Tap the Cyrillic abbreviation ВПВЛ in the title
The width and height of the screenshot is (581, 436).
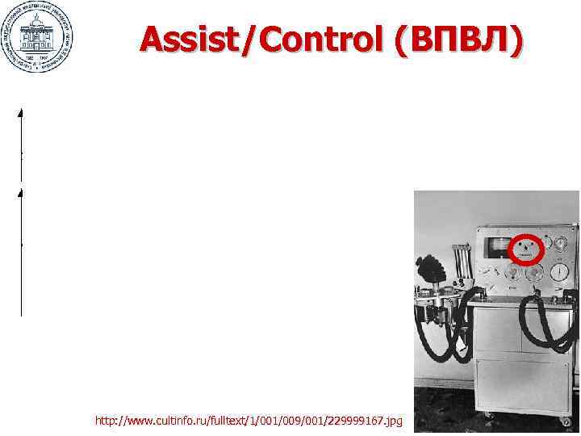(455, 38)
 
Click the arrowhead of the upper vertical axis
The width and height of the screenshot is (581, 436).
(20, 111)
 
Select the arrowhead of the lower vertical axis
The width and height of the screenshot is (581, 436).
(20, 194)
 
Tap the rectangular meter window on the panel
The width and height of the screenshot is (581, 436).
(495, 245)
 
